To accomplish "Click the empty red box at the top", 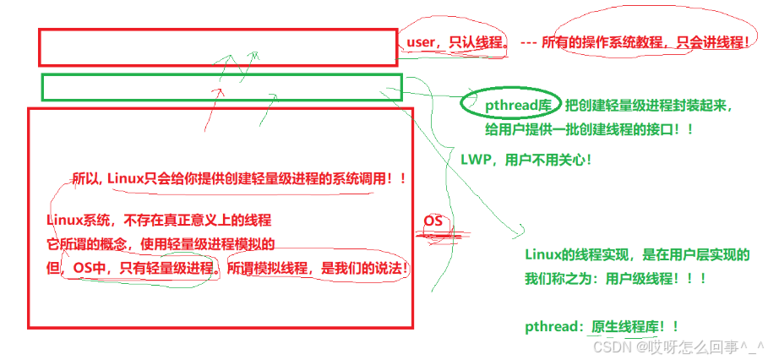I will click(x=217, y=47).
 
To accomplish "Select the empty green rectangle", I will click(x=221, y=86).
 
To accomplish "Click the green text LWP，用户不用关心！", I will click(x=526, y=158).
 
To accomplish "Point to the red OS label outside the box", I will click(x=433, y=221).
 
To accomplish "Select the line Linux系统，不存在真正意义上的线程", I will click(x=159, y=221).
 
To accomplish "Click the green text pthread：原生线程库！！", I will click(x=602, y=326).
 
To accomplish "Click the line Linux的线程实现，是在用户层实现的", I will click(x=636, y=254).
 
